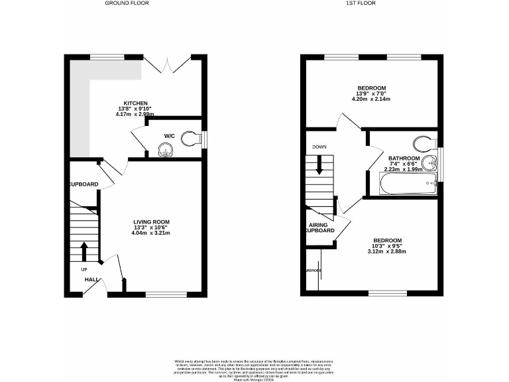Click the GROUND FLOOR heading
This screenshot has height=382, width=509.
(x=127, y=3)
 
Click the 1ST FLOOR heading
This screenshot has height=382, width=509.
(x=361, y=3)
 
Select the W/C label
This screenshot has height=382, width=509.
(x=169, y=137)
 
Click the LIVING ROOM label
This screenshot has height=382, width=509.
(x=152, y=222)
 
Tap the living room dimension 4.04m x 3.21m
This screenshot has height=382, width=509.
(x=152, y=233)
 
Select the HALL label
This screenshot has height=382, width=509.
(x=91, y=280)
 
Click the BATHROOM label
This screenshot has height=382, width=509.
(x=404, y=159)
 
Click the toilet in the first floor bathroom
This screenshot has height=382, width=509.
(x=423, y=143)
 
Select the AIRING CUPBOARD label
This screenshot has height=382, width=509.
(x=321, y=229)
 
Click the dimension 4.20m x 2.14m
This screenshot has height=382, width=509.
(x=371, y=99)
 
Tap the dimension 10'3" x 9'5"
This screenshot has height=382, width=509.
(x=388, y=246)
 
